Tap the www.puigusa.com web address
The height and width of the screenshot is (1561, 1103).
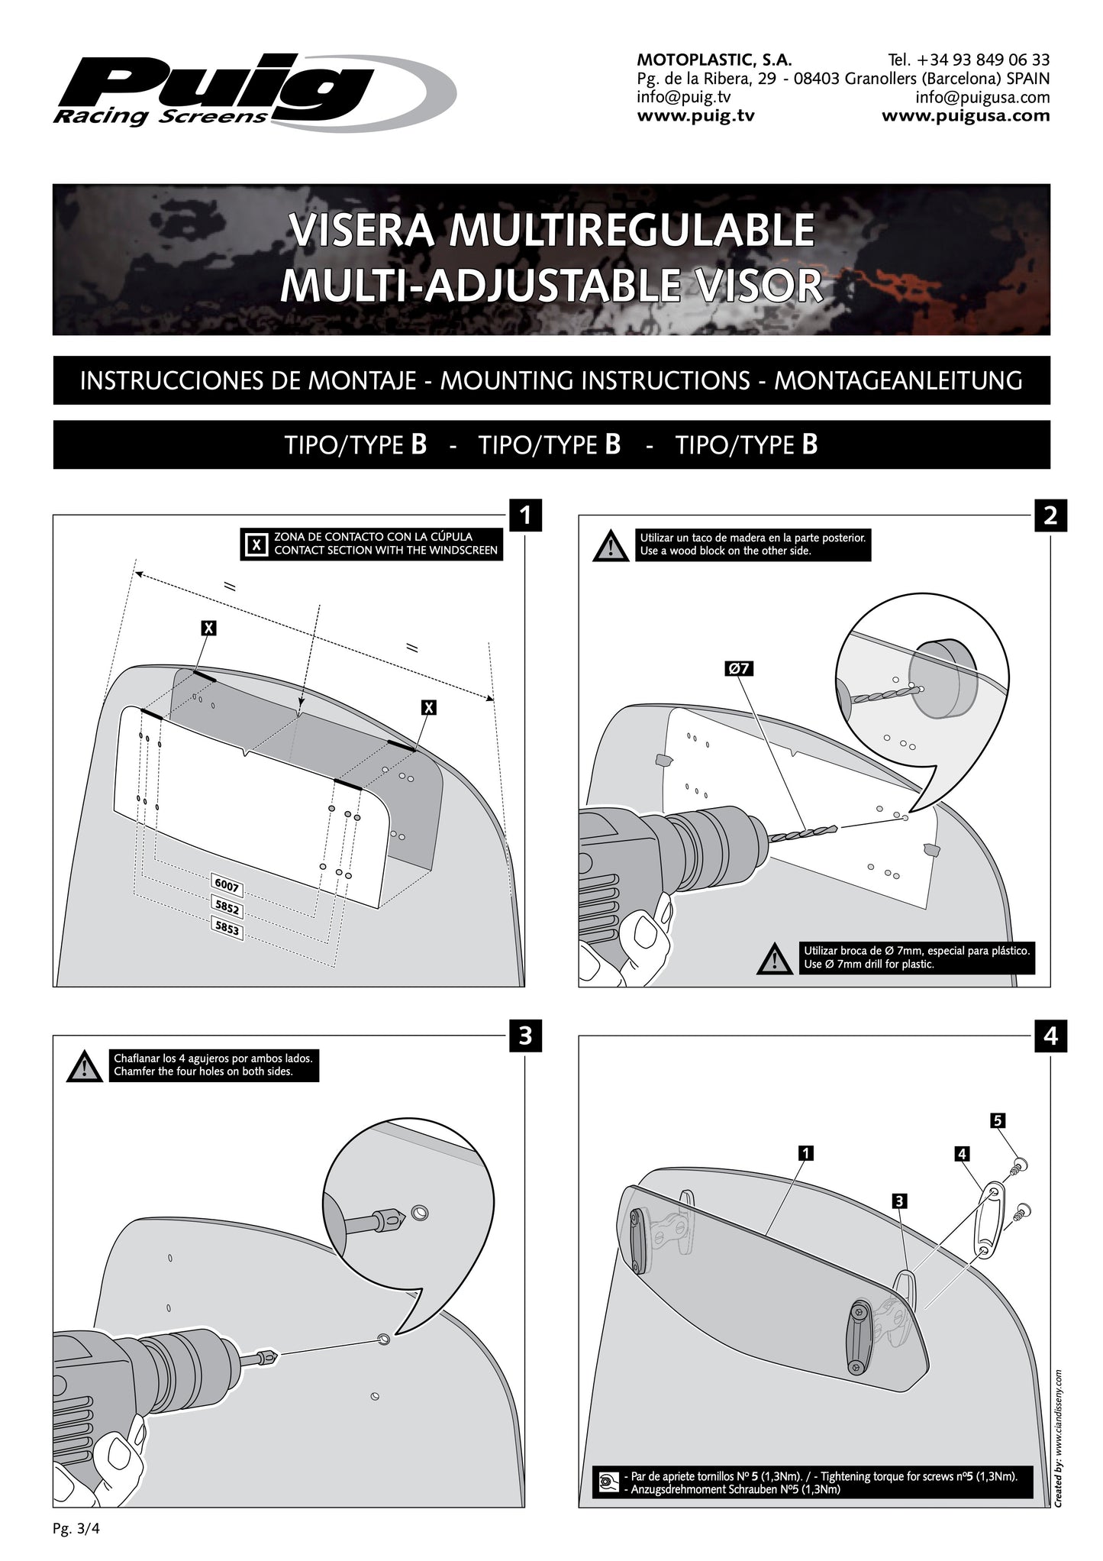(x=966, y=116)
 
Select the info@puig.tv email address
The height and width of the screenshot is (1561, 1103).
(x=683, y=97)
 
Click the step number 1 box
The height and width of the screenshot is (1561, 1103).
(x=525, y=515)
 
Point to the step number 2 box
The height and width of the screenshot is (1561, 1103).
(x=1050, y=515)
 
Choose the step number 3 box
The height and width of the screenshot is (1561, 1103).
(x=525, y=1036)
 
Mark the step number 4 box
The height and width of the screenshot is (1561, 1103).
(x=1050, y=1036)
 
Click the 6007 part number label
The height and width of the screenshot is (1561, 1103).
(x=227, y=887)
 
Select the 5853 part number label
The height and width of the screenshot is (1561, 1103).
(x=227, y=929)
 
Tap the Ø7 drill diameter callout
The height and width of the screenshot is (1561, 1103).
(x=739, y=668)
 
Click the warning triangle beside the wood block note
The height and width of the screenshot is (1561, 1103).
(x=611, y=546)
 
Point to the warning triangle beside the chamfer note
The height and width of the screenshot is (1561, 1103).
(x=85, y=1067)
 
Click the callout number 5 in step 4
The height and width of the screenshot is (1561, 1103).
(x=997, y=1120)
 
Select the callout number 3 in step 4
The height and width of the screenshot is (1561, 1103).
(x=900, y=1201)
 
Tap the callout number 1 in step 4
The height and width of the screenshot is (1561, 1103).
(x=805, y=1153)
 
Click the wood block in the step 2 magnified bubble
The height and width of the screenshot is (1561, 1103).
(x=944, y=679)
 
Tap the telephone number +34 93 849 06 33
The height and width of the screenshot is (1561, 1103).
(x=969, y=60)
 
